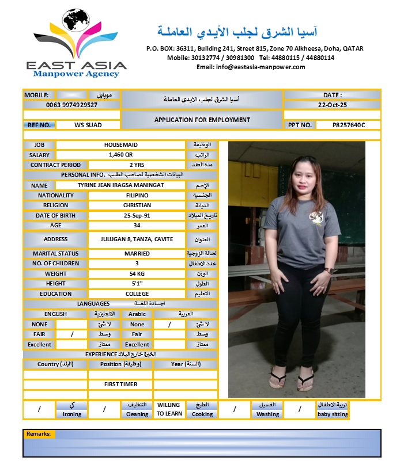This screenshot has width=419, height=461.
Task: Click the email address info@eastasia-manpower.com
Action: (251, 67)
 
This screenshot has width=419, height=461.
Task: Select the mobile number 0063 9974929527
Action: (71, 105)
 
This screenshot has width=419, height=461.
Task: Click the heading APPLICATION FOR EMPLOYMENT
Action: (202, 120)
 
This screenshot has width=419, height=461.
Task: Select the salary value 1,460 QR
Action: (120, 155)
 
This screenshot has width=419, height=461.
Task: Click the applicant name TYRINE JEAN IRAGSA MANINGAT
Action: (120, 185)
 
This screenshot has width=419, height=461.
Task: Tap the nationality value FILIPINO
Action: (137, 196)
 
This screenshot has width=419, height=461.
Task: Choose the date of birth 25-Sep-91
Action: (137, 215)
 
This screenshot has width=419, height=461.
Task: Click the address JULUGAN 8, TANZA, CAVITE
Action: (137, 239)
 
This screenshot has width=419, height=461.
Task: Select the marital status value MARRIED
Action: (137, 253)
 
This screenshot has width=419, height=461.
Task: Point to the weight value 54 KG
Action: (137, 273)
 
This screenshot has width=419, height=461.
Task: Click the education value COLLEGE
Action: (137, 294)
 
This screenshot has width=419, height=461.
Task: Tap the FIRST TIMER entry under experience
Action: (120, 384)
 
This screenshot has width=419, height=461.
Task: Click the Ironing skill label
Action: (71, 414)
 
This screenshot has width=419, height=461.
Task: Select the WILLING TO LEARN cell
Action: (169, 409)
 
